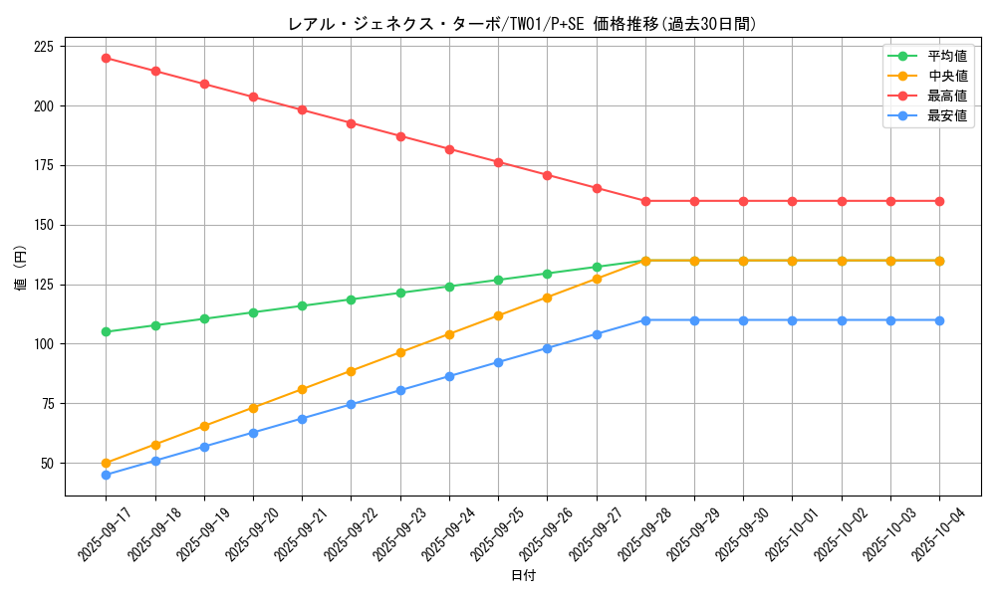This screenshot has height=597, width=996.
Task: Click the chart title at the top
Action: (x=521, y=24)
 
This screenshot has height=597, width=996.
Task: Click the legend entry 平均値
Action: (x=946, y=56)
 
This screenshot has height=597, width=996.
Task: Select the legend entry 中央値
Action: (x=946, y=76)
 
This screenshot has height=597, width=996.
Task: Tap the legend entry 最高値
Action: (x=946, y=96)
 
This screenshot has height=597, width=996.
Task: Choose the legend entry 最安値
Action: (x=946, y=115)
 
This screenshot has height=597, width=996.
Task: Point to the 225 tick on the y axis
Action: (x=44, y=46)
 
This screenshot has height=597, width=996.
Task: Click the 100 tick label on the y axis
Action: (x=44, y=344)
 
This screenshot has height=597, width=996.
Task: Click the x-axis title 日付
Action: (x=523, y=576)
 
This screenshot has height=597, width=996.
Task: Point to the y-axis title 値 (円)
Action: (x=21, y=270)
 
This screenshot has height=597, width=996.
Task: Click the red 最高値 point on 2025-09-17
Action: (x=107, y=58)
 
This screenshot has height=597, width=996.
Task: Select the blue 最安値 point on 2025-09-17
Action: (x=107, y=475)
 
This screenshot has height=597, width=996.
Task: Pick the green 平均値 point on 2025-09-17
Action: (x=107, y=332)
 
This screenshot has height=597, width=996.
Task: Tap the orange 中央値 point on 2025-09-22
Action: (x=352, y=371)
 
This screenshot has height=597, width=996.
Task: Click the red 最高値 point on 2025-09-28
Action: (x=645, y=201)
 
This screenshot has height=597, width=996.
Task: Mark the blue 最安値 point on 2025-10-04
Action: (x=939, y=320)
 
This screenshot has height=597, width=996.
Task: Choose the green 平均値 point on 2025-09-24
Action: (x=449, y=287)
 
